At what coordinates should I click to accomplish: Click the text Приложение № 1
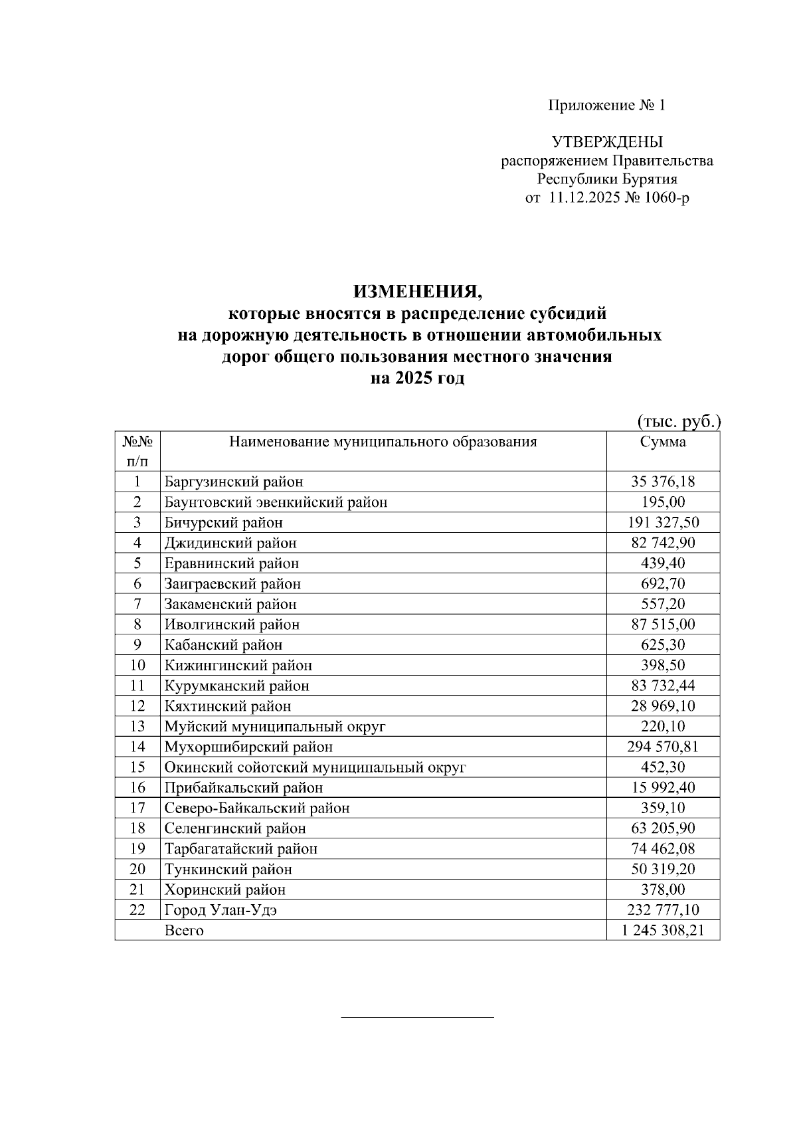[x=606, y=105]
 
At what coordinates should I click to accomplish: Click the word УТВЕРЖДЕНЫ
[x=606, y=142]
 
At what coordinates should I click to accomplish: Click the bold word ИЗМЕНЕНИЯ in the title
[x=416, y=291]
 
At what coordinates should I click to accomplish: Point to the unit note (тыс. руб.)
[x=679, y=421]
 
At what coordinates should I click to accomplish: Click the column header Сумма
[x=663, y=442]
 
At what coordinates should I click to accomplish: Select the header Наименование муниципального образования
[x=383, y=442]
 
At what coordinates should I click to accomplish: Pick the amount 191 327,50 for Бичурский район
[x=663, y=523]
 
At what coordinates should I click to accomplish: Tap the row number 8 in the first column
[x=137, y=624]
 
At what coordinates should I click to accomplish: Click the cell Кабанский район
[x=224, y=645]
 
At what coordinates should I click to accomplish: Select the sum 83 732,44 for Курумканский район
[x=663, y=686]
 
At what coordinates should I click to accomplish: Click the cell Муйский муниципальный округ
[x=275, y=726]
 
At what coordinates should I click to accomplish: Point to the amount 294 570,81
[x=663, y=747]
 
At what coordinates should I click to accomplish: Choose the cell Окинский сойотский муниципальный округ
[x=315, y=767]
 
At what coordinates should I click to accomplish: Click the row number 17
[x=137, y=808]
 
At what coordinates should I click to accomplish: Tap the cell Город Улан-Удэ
[x=221, y=910]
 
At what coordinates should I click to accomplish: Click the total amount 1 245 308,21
[x=663, y=931]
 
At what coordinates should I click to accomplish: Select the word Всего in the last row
[x=184, y=931]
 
